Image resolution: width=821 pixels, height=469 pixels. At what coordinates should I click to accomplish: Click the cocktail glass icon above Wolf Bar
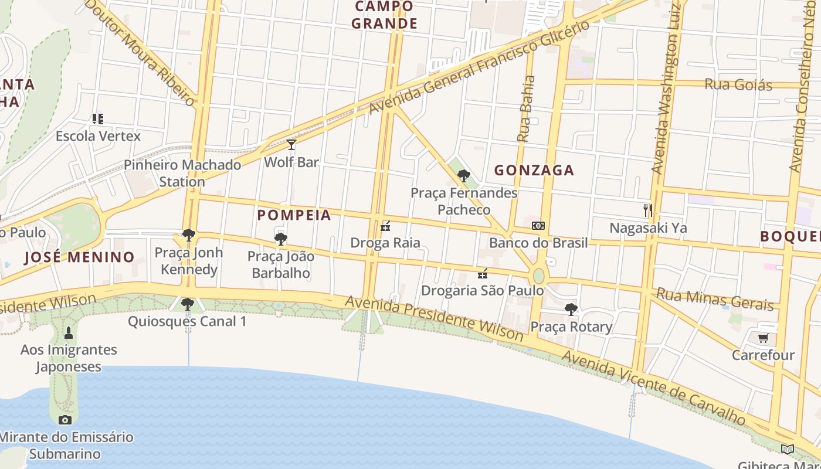(291, 144)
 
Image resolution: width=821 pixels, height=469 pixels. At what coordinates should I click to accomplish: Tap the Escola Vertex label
(98, 136)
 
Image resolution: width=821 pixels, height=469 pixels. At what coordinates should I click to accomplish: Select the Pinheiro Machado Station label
(182, 173)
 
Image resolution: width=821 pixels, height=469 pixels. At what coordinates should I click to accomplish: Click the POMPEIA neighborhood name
(294, 215)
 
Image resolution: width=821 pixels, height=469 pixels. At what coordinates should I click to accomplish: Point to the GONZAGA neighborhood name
(534, 171)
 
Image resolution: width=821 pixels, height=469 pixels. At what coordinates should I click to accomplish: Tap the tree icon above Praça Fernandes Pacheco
(463, 175)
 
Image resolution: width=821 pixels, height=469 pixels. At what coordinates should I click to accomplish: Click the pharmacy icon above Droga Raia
(385, 226)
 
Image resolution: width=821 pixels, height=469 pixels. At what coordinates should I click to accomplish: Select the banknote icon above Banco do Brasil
(538, 226)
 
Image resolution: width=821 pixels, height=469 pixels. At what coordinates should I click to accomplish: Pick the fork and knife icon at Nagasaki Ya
(648, 210)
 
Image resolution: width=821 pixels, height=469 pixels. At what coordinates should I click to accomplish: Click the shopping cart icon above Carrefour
(763, 338)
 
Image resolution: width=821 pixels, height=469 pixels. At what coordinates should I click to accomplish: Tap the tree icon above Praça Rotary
(571, 309)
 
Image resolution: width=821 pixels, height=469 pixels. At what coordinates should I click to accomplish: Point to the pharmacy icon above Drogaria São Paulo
(483, 273)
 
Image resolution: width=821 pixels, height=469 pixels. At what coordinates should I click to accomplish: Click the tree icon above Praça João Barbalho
(281, 239)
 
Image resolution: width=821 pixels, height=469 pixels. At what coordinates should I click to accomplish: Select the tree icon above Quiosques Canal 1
(188, 304)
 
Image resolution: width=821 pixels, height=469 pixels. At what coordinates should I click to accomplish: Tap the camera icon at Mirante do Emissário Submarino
(65, 420)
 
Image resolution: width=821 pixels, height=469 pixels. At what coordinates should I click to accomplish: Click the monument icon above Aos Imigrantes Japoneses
(69, 333)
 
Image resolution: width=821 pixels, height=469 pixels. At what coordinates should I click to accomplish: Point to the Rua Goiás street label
(738, 84)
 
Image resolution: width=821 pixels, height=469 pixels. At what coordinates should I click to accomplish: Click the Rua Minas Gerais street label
(715, 299)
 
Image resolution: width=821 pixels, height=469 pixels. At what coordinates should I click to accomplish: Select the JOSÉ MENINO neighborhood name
(80, 257)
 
